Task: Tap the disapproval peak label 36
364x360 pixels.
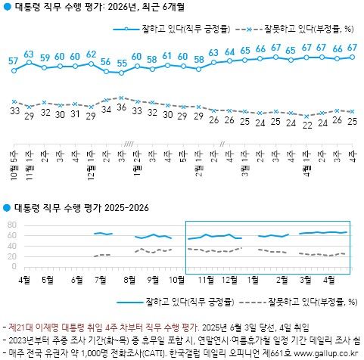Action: (x=121, y=108)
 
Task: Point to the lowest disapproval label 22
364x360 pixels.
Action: (x=306, y=125)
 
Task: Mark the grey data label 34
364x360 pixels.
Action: (x=106, y=110)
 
